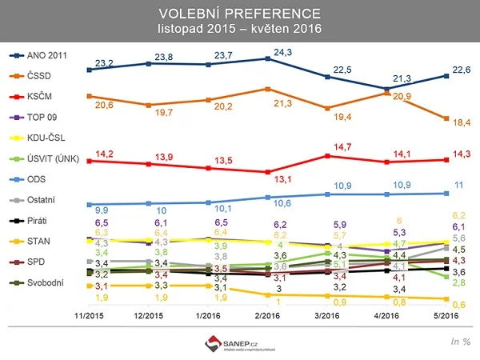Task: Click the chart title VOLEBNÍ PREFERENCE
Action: pos(239,13)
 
